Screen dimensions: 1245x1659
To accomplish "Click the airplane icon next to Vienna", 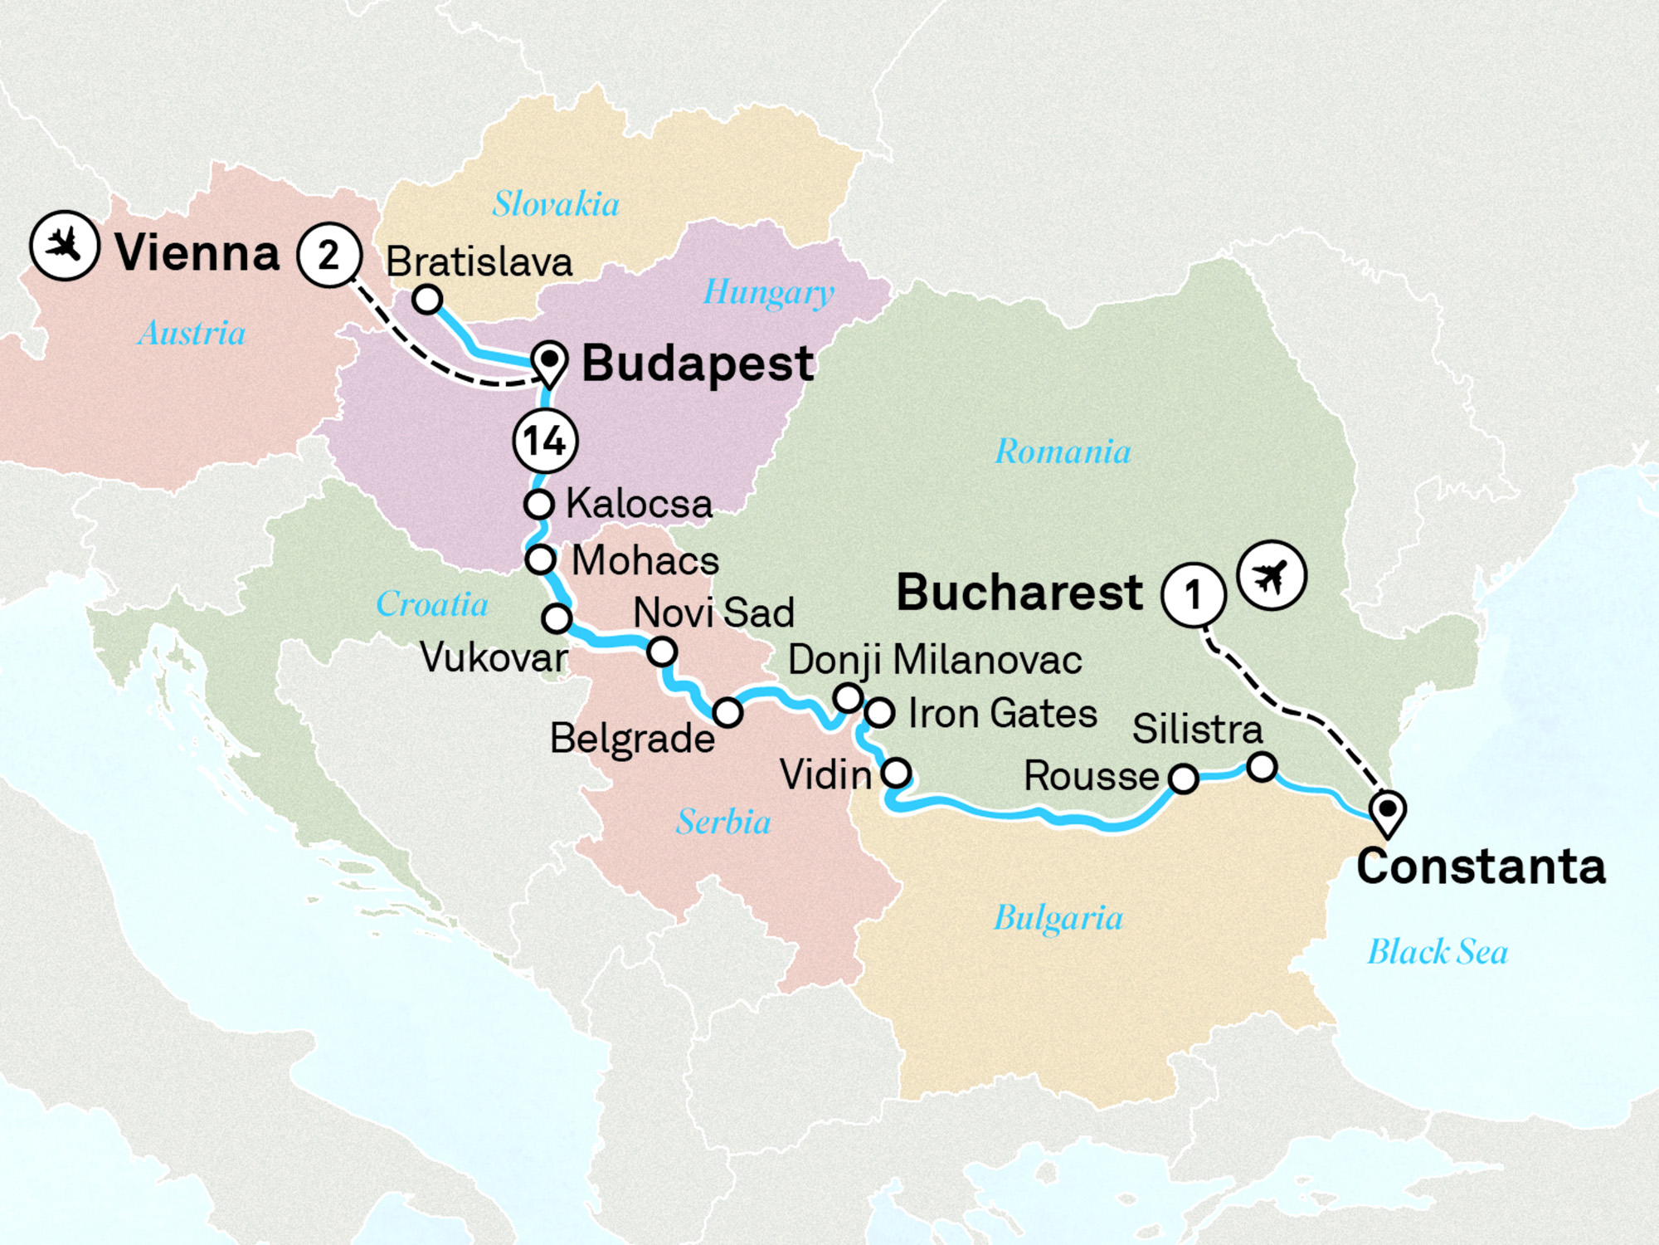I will tap(65, 246).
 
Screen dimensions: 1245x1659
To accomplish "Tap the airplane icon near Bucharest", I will tap(1272, 575).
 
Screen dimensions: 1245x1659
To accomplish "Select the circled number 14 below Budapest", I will tap(545, 441).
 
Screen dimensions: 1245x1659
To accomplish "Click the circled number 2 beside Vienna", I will tap(329, 255).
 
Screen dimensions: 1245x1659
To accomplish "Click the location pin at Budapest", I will tap(549, 363).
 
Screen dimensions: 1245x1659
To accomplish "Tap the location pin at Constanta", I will tap(1387, 811).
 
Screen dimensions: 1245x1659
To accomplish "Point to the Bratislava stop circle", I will tap(427, 299).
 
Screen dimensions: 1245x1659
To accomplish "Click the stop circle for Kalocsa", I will tap(539, 504).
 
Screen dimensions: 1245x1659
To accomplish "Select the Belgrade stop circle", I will tap(727, 712).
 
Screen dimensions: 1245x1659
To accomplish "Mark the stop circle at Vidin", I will tap(896, 773).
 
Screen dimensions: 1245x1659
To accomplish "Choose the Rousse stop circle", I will tap(1183, 779).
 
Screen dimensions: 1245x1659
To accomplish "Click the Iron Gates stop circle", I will tap(879, 712).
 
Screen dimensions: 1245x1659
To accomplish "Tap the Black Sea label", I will tap(1438, 951).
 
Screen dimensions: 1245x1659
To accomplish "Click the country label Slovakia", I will tap(556, 204).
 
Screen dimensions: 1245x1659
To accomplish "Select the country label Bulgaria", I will tap(1058, 919).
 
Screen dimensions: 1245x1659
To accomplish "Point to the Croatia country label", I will tap(431, 604).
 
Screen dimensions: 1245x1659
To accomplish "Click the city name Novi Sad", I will tap(713, 613).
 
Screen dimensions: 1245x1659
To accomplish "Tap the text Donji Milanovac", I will tap(935, 661).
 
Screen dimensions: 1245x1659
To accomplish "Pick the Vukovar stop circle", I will tap(557, 618).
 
